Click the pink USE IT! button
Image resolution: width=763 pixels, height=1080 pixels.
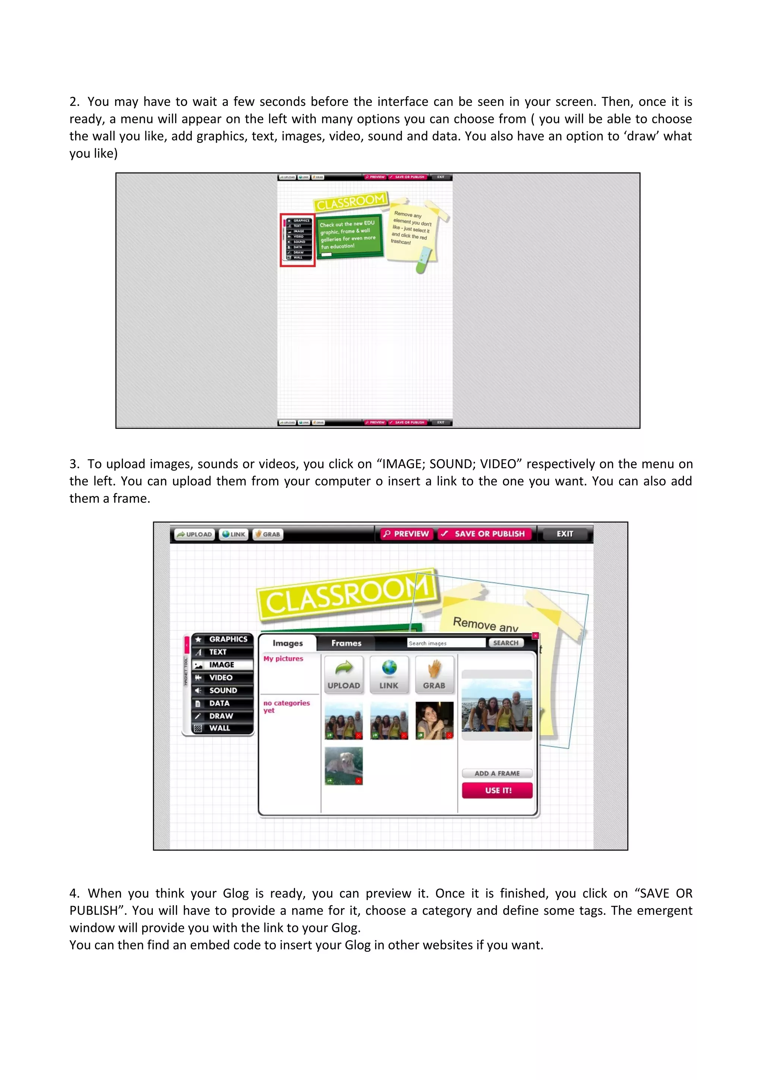point(497,790)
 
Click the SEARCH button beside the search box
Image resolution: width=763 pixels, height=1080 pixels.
point(506,642)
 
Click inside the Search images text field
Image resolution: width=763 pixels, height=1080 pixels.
point(445,643)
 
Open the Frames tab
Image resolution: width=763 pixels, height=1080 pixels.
point(346,643)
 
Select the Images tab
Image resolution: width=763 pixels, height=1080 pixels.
point(288,643)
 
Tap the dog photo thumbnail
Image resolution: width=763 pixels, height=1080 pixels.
point(343,765)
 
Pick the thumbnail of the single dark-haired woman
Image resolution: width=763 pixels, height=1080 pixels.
point(434,720)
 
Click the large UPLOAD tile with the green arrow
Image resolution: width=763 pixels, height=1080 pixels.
point(343,675)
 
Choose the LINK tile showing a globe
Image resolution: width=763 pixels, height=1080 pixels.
point(389,675)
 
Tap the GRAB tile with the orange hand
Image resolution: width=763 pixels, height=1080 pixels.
point(434,675)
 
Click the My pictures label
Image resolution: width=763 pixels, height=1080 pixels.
point(283,659)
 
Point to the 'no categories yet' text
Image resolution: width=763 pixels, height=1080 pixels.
point(286,707)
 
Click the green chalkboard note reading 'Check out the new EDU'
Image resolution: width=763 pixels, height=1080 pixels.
point(349,235)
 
